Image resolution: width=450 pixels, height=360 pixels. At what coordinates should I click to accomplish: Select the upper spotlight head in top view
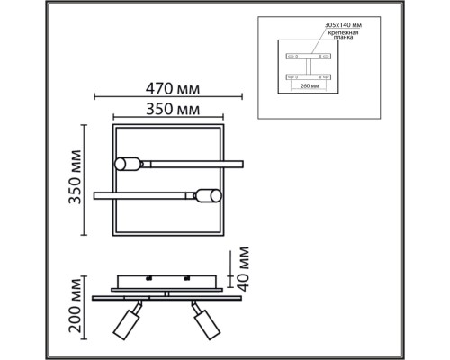pos(128,164)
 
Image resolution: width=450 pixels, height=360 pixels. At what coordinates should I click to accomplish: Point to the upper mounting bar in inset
pos(305,56)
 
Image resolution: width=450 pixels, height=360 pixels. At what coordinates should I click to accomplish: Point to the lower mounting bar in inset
pos(305,77)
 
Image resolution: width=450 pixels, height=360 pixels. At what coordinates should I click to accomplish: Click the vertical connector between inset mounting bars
pos(305,67)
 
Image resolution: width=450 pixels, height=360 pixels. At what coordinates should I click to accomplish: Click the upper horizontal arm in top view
pos(189,164)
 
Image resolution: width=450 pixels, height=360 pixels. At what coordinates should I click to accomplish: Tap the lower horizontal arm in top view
pos(144,193)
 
